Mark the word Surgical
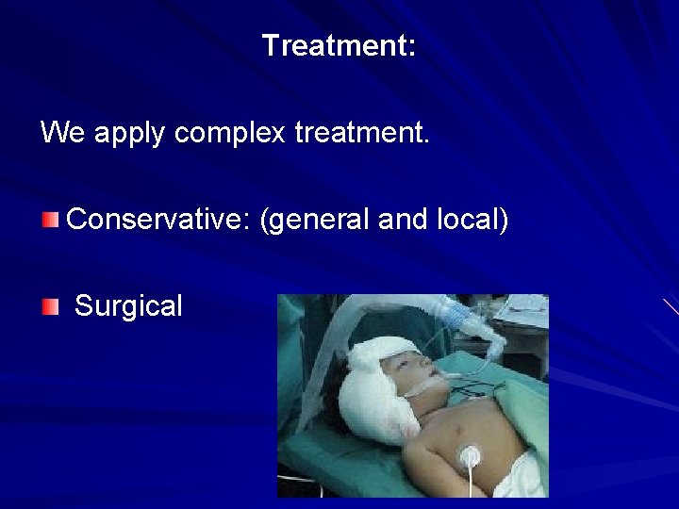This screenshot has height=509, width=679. point(128,306)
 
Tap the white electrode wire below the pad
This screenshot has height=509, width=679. point(469,485)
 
